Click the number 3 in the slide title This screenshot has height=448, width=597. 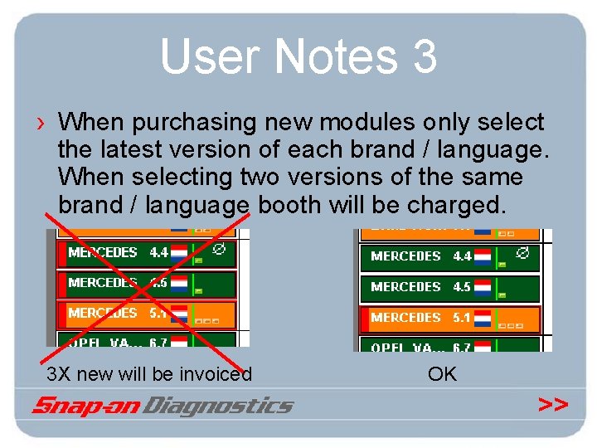tap(422, 56)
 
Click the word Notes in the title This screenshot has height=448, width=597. tap(335, 56)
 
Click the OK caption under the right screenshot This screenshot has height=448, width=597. tap(442, 374)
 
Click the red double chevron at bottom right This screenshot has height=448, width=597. tap(552, 405)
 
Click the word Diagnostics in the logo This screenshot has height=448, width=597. tap(218, 406)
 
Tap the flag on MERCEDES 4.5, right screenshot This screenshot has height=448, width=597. tap(483, 287)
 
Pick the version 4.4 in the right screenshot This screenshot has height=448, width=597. tap(462, 256)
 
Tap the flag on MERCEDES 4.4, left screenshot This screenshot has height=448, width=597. tap(178, 253)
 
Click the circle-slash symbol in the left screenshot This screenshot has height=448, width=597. tap(220, 247)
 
